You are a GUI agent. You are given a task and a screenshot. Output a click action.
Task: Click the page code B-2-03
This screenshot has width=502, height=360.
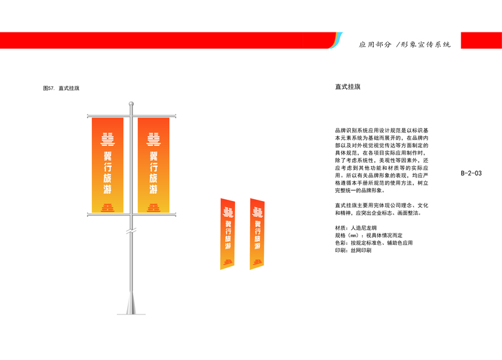pyautogui.click(x=471, y=173)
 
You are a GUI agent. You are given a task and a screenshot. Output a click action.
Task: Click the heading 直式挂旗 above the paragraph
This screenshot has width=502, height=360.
pyautogui.click(x=348, y=87)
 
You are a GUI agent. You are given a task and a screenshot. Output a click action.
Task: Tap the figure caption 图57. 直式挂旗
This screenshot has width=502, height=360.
pyautogui.click(x=62, y=89)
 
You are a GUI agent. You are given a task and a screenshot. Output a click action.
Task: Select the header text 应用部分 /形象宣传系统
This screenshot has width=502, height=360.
pyautogui.click(x=404, y=44)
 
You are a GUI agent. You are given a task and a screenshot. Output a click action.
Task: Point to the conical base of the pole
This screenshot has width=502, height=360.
pyautogui.click(x=131, y=303)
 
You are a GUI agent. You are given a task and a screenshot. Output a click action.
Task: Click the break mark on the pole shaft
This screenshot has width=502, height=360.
pyautogui.click(x=131, y=231)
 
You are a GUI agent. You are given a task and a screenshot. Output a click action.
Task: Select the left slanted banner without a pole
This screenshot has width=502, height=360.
pyautogui.click(x=227, y=234)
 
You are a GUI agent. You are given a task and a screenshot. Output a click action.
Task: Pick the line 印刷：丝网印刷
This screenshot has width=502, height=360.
pyautogui.click(x=353, y=250)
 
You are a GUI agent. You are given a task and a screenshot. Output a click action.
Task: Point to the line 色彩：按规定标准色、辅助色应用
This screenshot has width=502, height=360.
pyautogui.click(x=374, y=243)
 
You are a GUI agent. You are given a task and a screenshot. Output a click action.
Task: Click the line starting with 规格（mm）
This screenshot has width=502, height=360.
pyautogui.click(x=368, y=236)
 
